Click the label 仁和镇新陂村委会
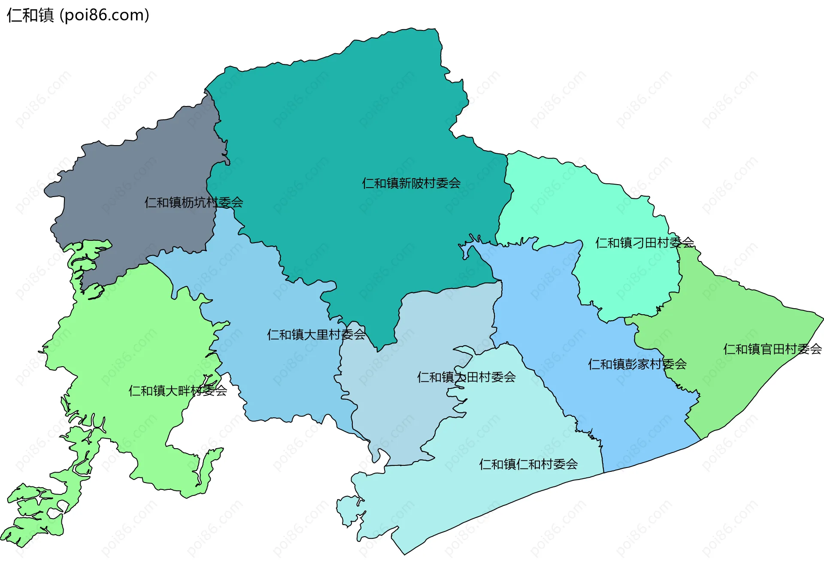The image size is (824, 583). click(411, 183)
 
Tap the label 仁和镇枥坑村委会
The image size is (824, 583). click(194, 202)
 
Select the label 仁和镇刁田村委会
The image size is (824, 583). click(644, 243)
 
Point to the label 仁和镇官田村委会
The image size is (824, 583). click(772, 349)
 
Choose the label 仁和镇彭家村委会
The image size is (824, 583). click(637, 364)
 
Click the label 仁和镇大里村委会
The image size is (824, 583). click(316, 334)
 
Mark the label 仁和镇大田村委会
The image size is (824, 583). click(466, 377)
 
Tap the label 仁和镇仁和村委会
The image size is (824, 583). click(528, 464)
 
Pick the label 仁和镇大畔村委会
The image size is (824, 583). click(178, 391)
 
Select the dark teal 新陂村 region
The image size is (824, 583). click(343, 129)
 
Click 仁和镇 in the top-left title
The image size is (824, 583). click(30, 15)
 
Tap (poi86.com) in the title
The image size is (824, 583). click(104, 15)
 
